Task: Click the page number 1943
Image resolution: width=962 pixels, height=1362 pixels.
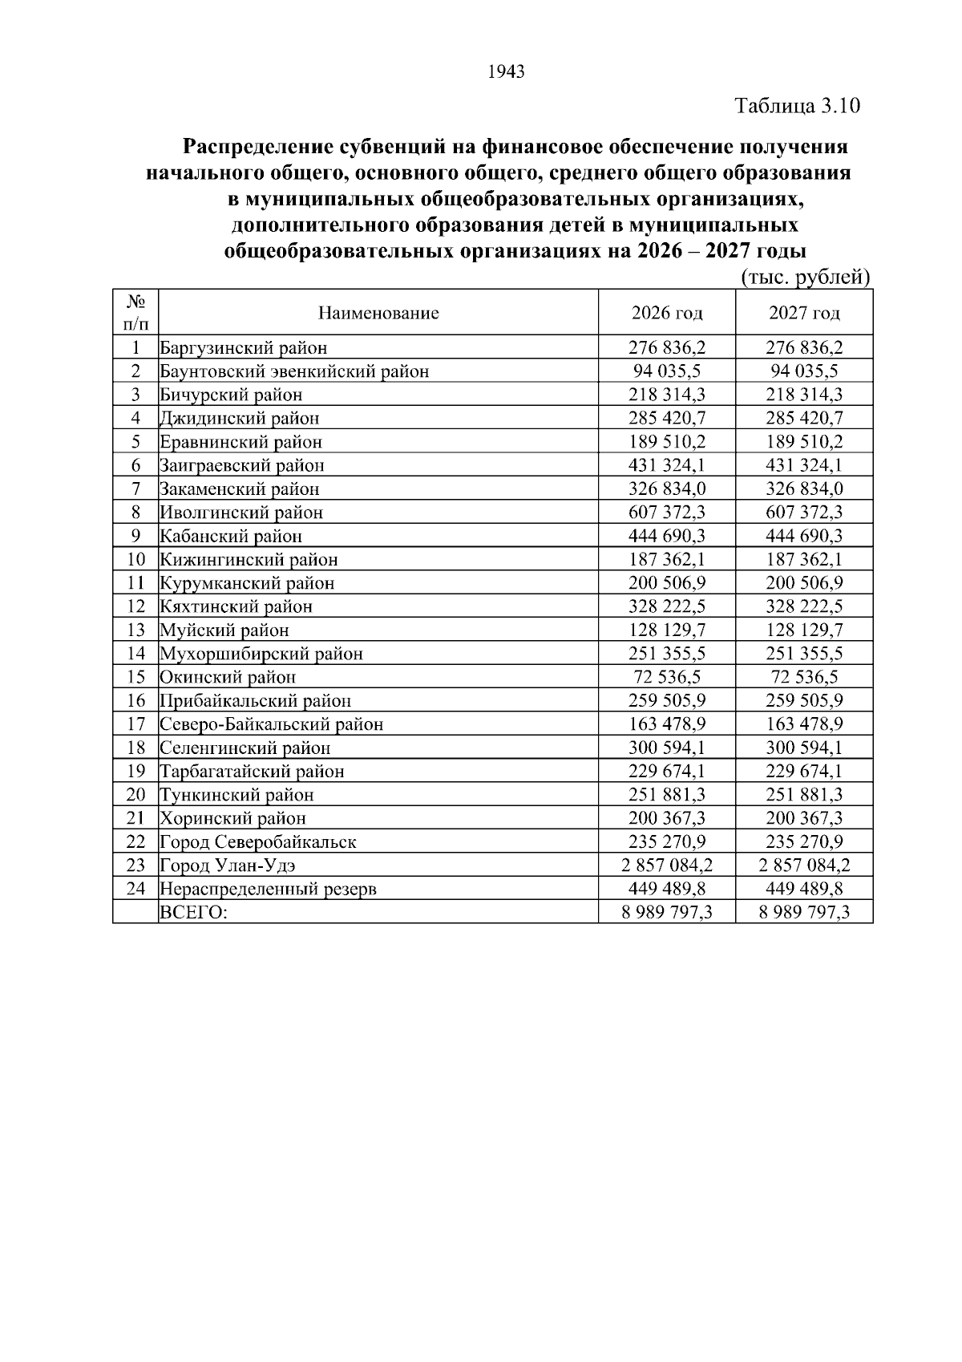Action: point(506,72)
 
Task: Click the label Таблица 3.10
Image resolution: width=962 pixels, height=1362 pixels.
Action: point(797,106)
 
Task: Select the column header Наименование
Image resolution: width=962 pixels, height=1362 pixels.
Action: point(378,313)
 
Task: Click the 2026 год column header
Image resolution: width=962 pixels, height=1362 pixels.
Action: point(666,313)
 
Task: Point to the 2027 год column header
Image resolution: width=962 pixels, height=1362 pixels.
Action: point(804,313)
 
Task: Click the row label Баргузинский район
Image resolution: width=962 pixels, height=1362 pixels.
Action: point(243,347)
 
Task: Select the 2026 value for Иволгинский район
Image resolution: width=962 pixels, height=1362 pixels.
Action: point(666,512)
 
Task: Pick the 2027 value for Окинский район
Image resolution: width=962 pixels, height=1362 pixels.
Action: point(804,676)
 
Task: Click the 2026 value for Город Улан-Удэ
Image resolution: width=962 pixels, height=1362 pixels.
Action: point(666,865)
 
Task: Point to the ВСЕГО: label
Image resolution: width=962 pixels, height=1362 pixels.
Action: point(193,912)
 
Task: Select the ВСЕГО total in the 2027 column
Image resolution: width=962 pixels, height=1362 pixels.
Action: point(804,912)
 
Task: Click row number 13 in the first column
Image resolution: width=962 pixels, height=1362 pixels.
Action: point(135,630)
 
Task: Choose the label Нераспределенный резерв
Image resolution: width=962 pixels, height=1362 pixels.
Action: point(268,889)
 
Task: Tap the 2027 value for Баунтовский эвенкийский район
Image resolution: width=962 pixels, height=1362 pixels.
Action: point(804,371)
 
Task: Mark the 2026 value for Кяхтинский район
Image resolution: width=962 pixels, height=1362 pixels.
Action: point(666,606)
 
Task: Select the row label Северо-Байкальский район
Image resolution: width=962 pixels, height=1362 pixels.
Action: point(271,724)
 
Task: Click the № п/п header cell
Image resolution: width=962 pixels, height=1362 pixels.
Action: point(135,313)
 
